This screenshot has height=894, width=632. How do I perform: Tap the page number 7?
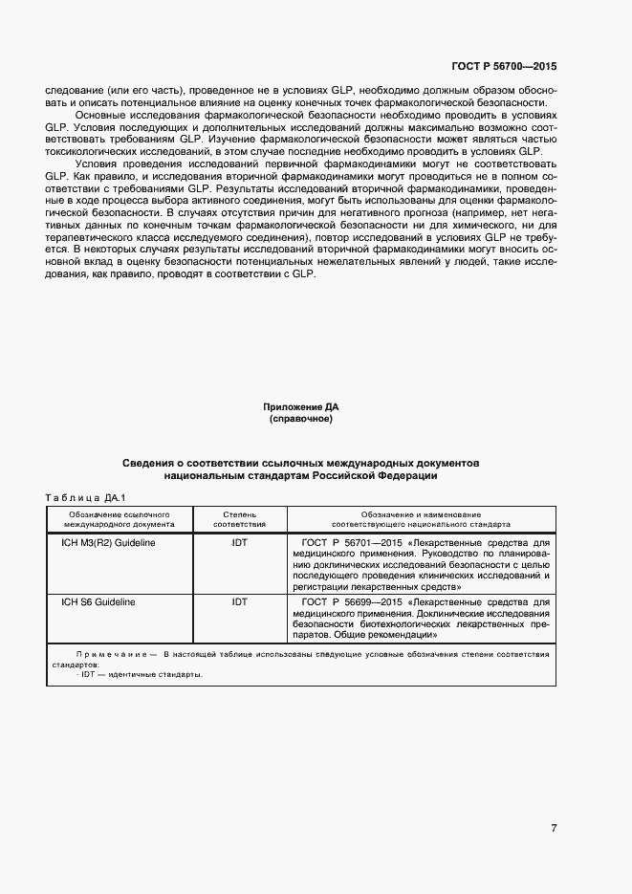pyautogui.click(x=554, y=827)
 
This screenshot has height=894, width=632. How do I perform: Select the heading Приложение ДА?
pyautogui.click(x=301, y=407)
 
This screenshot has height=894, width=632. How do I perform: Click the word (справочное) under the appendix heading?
pyautogui.click(x=301, y=419)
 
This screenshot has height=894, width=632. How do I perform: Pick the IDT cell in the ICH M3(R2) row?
pyautogui.click(x=239, y=542)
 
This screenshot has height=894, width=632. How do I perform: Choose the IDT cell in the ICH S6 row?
pyautogui.click(x=239, y=602)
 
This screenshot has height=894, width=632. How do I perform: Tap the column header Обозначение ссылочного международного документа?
pyautogui.click(x=119, y=519)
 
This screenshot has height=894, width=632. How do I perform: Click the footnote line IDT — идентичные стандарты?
pyautogui.click(x=141, y=674)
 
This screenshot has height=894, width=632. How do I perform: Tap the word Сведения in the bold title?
pyautogui.click(x=151, y=463)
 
